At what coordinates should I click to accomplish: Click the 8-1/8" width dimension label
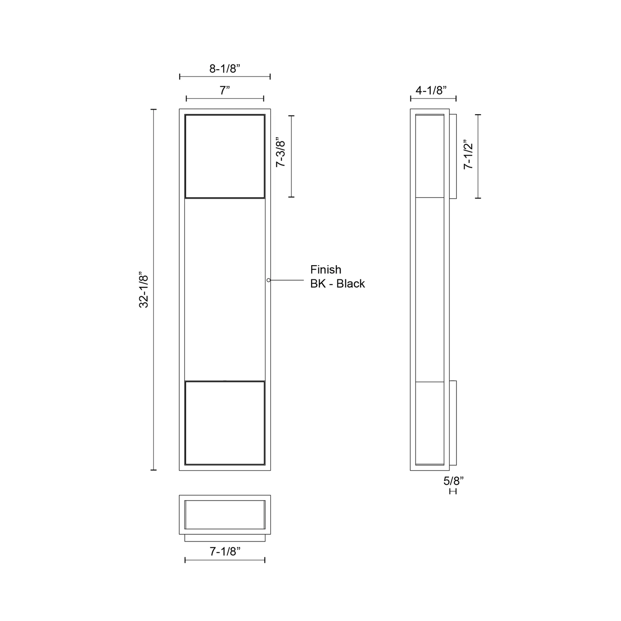[x=225, y=69]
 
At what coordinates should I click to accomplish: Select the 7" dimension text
[x=225, y=91]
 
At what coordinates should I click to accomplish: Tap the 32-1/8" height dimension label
[x=144, y=291]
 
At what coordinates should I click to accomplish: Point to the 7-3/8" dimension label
[x=281, y=154]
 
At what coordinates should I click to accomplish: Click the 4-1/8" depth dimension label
[x=431, y=91]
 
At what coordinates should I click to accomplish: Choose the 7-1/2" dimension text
[x=468, y=154]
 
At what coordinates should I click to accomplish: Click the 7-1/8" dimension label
[x=225, y=551]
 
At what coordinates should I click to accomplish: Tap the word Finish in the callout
[x=325, y=269]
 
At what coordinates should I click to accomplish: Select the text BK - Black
[x=337, y=284]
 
